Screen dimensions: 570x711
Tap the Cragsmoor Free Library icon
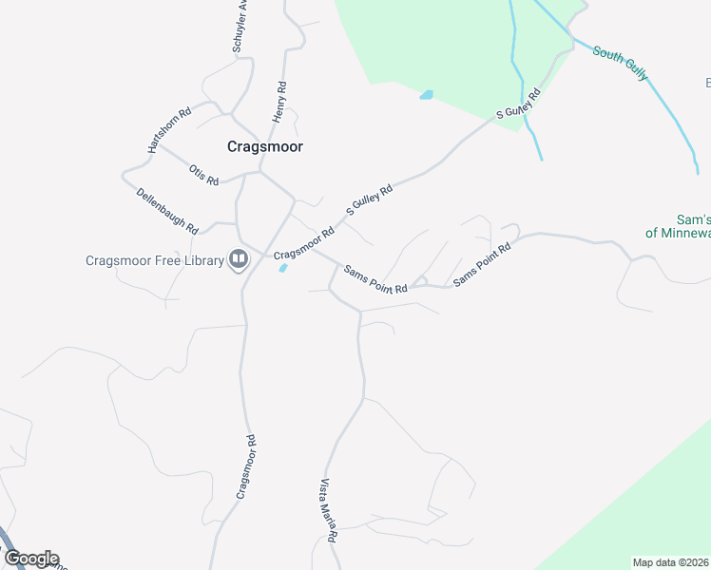click(239, 260)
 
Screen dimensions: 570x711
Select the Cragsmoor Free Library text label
click(153, 260)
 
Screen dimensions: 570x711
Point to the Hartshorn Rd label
click(169, 129)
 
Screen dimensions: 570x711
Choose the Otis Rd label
click(203, 175)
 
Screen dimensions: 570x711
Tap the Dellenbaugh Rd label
click(166, 211)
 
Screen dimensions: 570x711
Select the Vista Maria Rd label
click(329, 511)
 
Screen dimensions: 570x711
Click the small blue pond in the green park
click(426, 95)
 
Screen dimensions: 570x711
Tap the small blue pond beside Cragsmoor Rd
click(283, 268)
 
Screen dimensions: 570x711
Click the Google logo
click(31, 559)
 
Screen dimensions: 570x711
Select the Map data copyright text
click(671, 562)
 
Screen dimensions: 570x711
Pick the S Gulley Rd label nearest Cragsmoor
click(369, 201)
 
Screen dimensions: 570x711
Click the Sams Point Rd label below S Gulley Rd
click(375, 278)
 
